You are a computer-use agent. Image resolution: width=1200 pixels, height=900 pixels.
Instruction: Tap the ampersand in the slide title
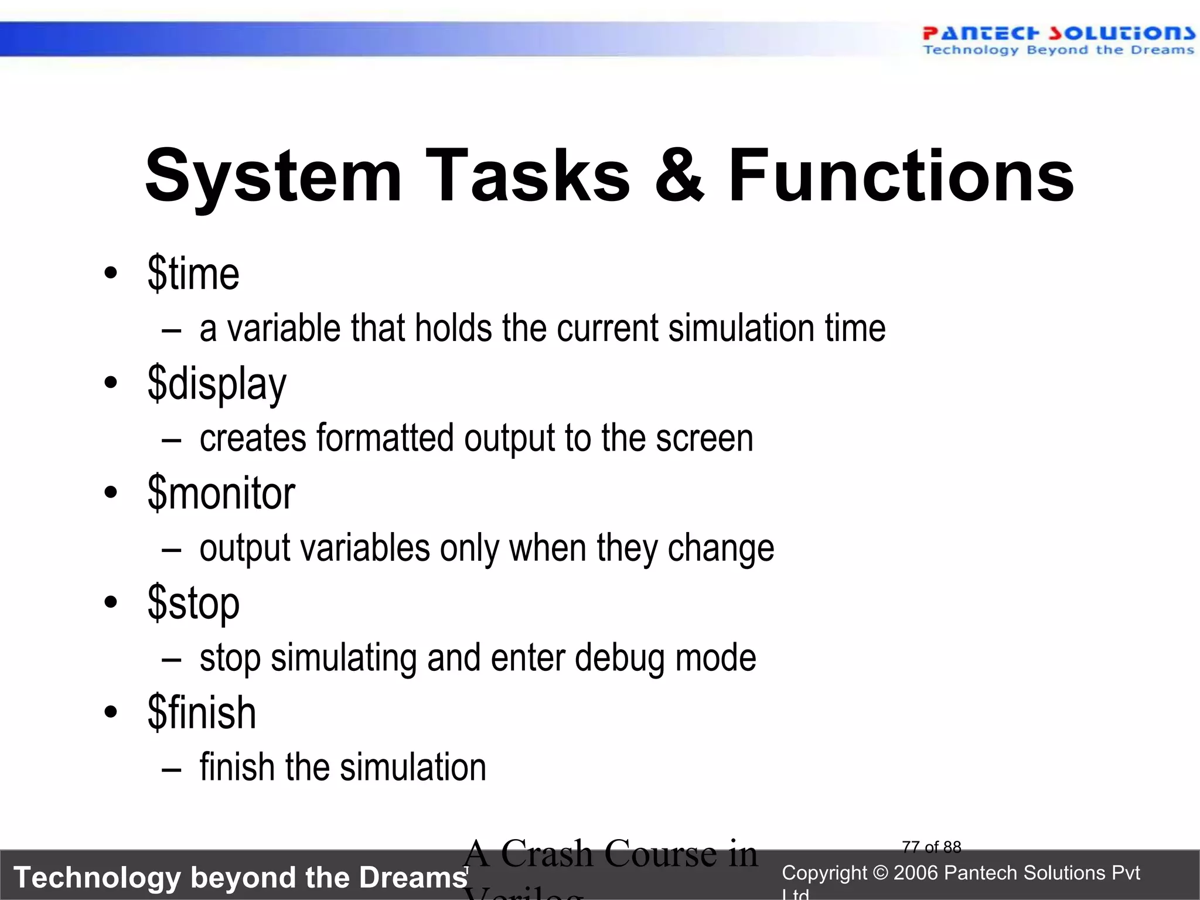coord(679,176)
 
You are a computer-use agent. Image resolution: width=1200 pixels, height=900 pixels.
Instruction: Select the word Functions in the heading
coord(901,176)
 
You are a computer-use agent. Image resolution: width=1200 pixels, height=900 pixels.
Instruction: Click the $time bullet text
coord(193,274)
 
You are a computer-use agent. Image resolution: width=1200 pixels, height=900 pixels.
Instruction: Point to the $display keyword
coord(217,384)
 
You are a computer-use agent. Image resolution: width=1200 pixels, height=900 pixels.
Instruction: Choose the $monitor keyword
coord(221,493)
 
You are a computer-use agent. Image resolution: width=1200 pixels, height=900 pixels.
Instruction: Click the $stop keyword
coord(193,604)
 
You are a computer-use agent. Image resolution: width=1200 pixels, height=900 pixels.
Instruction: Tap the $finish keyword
coord(202,713)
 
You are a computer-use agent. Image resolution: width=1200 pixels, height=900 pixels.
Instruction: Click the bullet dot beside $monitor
coord(110,493)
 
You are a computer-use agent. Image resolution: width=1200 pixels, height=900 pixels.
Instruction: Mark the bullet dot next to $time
coord(110,273)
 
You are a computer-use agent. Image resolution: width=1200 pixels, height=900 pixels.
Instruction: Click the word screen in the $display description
coord(704,438)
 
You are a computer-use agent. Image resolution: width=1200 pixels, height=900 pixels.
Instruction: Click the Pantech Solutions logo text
coord(1058,33)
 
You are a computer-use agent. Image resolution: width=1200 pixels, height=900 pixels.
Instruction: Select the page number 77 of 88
coord(932,847)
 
